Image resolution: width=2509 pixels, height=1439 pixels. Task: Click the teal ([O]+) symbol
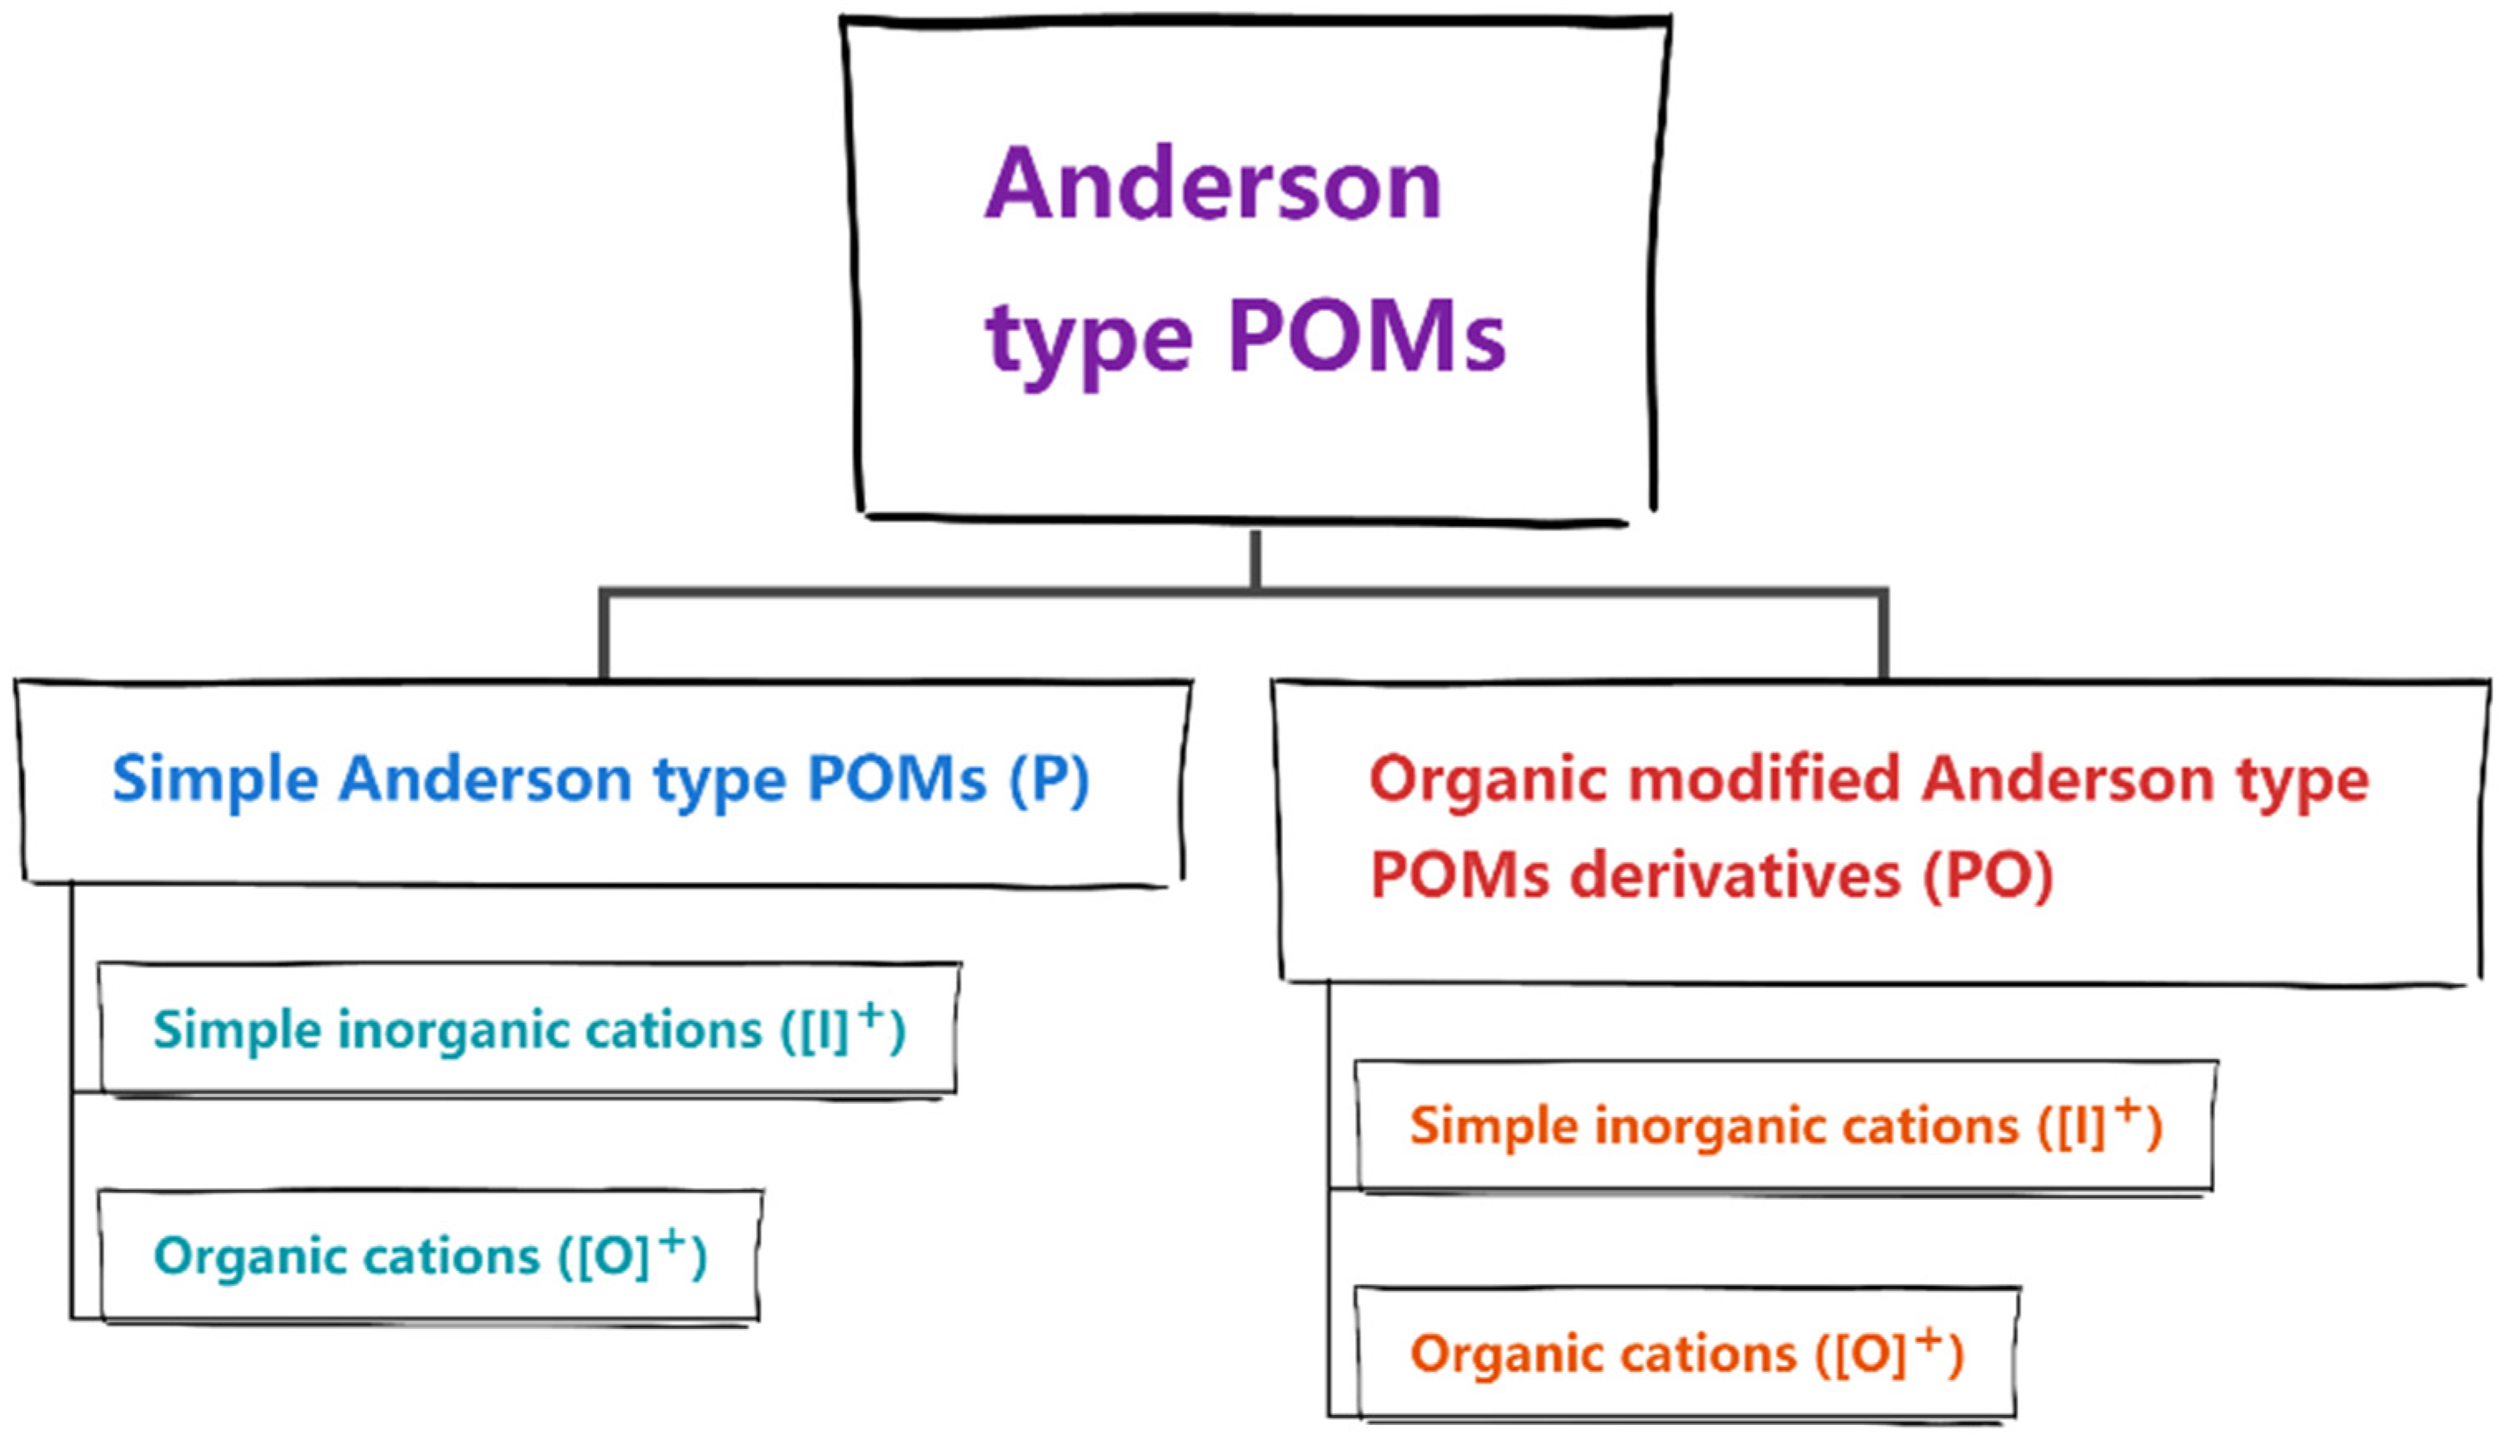[632, 1255]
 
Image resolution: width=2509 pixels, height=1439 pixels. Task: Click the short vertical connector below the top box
[1255, 559]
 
